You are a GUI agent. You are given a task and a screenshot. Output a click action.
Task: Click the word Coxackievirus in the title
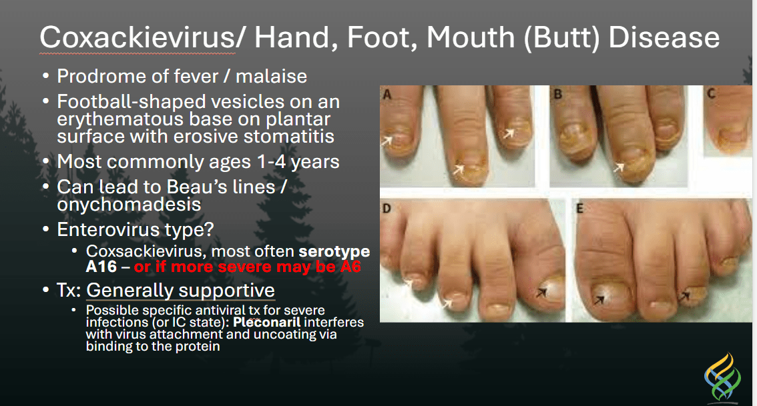(137, 37)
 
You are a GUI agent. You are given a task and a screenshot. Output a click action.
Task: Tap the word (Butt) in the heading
(562, 38)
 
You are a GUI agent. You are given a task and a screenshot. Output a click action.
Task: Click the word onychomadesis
(129, 205)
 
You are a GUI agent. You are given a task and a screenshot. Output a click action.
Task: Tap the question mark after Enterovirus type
(209, 229)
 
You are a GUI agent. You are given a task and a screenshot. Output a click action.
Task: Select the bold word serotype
(334, 252)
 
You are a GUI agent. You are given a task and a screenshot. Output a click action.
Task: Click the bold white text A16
(101, 267)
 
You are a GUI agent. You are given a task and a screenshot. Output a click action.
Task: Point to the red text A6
(350, 267)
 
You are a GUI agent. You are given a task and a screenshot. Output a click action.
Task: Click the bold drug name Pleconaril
(267, 322)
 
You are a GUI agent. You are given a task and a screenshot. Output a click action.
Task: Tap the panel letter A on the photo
(387, 95)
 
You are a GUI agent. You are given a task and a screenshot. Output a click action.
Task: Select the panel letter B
(557, 94)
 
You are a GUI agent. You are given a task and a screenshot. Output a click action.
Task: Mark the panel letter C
(711, 93)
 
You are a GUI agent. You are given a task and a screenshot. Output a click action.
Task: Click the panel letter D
(387, 208)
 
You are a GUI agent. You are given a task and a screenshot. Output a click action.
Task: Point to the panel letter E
(580, 208)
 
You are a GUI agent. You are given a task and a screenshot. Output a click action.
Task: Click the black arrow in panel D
(541, 292)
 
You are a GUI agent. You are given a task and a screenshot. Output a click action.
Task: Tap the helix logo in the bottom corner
(723, 377)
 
